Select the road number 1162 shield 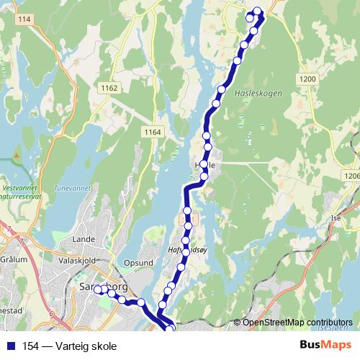pyautogui.click(x=110, y=88)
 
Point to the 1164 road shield pyautogui.click(x=152, y=132)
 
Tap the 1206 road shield pyautogui.click(x=352, y=175)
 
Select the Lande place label pyautogui.click(x=84, y=238)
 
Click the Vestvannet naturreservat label pyautogui.click(x=22, y=189)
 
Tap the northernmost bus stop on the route pyautogui.click(x=257, y=11)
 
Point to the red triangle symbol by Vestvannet pyautogui.click(x=15, y=153)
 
